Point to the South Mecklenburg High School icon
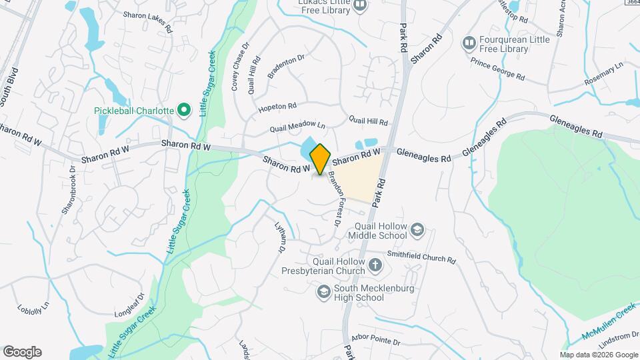[x=323, y=292]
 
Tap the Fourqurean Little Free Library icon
[x=469, y=43]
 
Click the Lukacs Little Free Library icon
[x=360, y=6]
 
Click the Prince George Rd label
[x=497, y=69]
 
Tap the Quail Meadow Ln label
[x=297, y=126]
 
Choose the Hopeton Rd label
[x=277, y=107]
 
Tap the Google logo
[x=22, y=351]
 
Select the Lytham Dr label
[x=279, y=237]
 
